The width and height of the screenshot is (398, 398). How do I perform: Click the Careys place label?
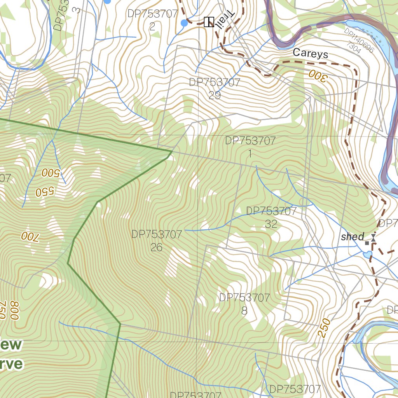pos(310,54)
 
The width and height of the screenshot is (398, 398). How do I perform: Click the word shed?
pos(353,237)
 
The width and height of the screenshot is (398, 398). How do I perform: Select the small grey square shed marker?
pos(367,243)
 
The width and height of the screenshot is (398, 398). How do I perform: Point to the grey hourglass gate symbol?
pos(373,237)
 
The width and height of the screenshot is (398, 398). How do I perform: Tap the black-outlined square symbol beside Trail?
pos(209,22)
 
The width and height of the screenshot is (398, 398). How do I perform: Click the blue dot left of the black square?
pos(184,23)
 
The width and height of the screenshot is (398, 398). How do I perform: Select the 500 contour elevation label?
pos(50,173)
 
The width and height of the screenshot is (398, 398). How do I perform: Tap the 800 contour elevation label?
pos(14,310)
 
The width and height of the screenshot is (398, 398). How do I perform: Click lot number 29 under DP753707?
pos(215,95)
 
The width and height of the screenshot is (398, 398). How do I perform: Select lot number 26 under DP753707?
pos(156,247)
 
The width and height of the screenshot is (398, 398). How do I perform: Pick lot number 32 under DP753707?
pos(271,224)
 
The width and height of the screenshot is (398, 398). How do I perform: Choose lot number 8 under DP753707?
pos(244,311)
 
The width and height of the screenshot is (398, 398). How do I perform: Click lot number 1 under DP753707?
pos(250,154)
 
